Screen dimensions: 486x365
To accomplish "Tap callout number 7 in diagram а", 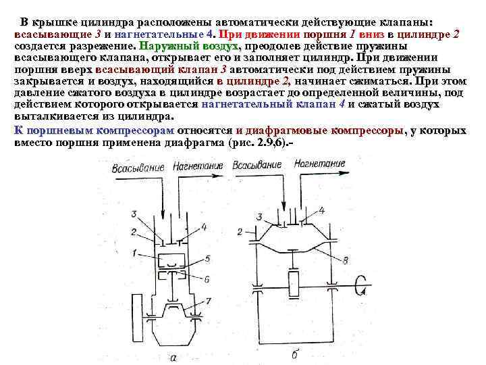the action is click(x=209, y=299).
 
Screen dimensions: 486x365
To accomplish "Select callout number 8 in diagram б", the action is click(x=346, y=260).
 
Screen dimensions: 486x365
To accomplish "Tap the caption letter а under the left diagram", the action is click(x=174, y=356).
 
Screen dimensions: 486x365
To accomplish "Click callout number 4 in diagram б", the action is click(x=321, y=211).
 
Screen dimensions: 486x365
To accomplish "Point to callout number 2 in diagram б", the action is click(x=240, y=232).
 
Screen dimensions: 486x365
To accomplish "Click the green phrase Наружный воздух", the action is click(x=188, y=45).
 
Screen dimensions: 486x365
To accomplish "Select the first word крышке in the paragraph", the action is click(x=60, y=21).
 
